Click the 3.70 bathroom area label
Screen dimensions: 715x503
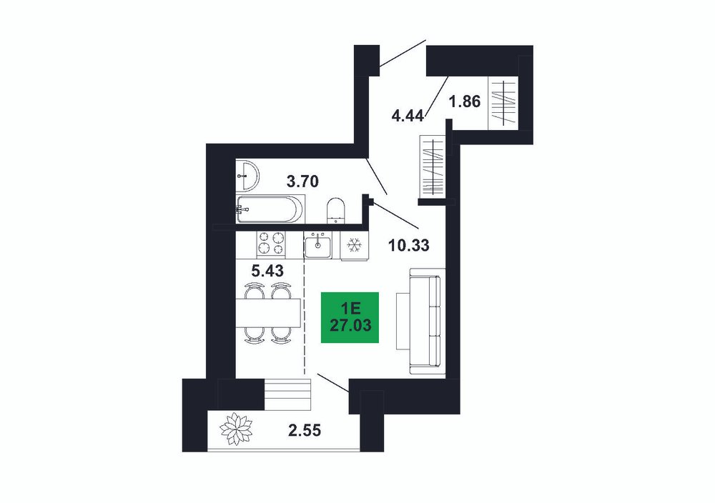coord(302,181)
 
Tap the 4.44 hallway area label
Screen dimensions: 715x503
coord(408,115)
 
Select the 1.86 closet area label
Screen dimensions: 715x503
coord(465,101)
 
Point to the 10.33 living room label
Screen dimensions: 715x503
coord(408,245)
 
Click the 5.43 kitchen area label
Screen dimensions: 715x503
coord(267,271)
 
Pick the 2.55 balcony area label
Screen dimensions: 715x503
coord(305,429)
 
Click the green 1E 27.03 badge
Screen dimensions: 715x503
coord(350,317)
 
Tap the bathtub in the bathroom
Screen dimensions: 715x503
coord(270,209)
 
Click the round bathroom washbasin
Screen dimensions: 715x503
coord(247,175)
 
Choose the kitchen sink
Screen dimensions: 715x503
coord(318,245)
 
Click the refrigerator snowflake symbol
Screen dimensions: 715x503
coord(355,246)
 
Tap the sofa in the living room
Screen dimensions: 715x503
coord(426,322)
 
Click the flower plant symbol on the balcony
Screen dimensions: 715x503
coord(236,428)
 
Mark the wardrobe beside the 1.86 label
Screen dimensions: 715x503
coord(503,103)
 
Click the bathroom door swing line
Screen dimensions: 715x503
coord(378,176)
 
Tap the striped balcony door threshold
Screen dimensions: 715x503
coord(287,394)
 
